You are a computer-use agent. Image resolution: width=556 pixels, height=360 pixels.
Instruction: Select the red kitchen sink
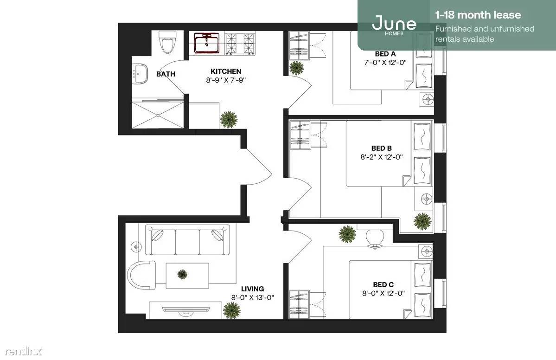(207, 43)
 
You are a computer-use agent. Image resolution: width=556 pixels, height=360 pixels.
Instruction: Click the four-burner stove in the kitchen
(241, 44)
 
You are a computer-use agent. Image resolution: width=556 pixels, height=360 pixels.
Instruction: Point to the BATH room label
(166, 74)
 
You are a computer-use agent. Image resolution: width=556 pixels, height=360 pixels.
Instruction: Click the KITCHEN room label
(226, 71)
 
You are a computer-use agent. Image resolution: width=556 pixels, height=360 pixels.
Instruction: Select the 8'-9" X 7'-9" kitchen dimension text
(226, 80)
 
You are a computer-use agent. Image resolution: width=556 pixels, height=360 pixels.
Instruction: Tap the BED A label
(385, 54)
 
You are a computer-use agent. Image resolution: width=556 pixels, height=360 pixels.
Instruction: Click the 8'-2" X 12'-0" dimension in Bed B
(382, 157)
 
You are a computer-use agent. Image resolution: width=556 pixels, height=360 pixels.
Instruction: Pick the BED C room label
(383, 284)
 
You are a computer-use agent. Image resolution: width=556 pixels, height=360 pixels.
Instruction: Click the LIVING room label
(252, 289)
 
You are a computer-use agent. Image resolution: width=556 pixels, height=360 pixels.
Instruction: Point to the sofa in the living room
(187, 240)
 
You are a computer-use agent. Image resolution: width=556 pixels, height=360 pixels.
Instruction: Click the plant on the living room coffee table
(182, 274)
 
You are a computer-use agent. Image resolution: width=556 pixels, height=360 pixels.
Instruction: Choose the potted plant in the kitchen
(228, 119)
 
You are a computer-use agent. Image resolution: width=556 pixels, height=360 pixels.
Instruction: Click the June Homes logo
(394, 24)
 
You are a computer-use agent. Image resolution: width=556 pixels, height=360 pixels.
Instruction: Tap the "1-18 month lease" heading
(478, 15)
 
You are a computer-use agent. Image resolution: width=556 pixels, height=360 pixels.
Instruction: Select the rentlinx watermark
(24, 351)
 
